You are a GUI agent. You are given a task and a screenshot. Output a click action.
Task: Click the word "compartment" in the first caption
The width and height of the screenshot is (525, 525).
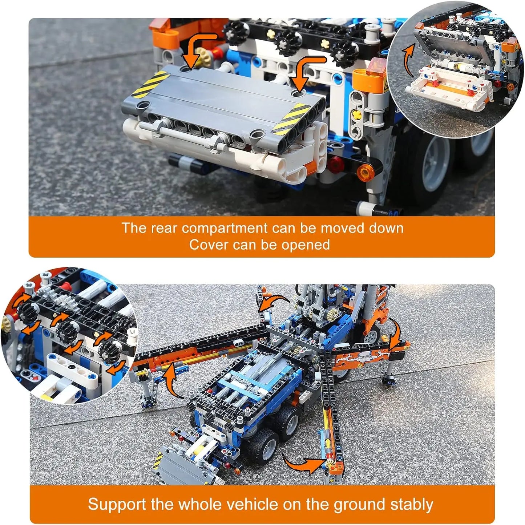coord(224,228)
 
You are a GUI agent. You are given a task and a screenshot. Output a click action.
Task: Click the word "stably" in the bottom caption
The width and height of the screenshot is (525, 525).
coord(411,505)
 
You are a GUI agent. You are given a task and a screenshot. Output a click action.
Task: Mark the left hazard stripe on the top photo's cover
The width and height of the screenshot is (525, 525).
coord(149,85)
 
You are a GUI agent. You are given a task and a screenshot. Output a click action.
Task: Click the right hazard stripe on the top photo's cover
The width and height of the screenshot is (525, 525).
coord(291,117)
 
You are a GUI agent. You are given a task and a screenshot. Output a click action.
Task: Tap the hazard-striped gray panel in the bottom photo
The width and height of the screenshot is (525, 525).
coord(171,465)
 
